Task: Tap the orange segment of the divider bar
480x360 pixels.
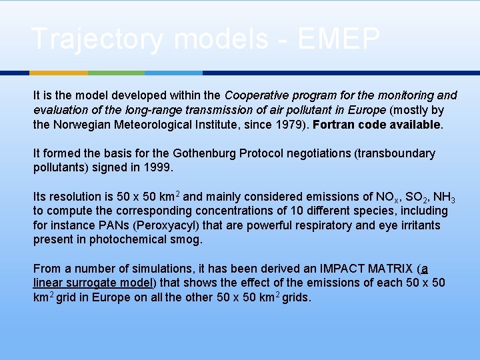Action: [x=59, y=73]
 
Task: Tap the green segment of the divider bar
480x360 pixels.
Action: [x=116, y=73]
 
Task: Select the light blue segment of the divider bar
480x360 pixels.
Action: [x=173, y=73]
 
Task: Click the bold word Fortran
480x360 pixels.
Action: [x=335, y=125]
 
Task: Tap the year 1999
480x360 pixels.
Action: [x=158, y=167]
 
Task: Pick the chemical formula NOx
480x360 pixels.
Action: [x=387, y=197]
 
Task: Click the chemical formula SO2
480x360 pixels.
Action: [x=416, y=197]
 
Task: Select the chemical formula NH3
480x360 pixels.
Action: [x=443, y=197]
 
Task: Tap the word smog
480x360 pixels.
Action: [x=189, y=239]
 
